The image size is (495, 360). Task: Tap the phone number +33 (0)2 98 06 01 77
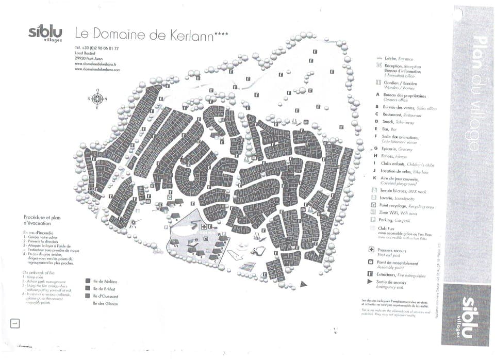click(x=97, y=48)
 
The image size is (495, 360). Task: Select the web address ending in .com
click(x=97, y=70)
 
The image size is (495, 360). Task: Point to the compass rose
click(x=97, y=99)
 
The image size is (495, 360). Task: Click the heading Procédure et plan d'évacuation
click(x=42, y=220)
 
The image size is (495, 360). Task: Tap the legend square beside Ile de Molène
click(x=88, y=282)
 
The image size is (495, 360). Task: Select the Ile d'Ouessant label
click(x=106, y=296)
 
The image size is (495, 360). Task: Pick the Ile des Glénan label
click(x=106, y=304)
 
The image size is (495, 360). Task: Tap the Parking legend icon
click(x=373, y=220)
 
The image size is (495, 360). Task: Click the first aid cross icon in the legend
click(x=371, y=250)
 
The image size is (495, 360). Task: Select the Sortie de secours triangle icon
click(x=370, y=282)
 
